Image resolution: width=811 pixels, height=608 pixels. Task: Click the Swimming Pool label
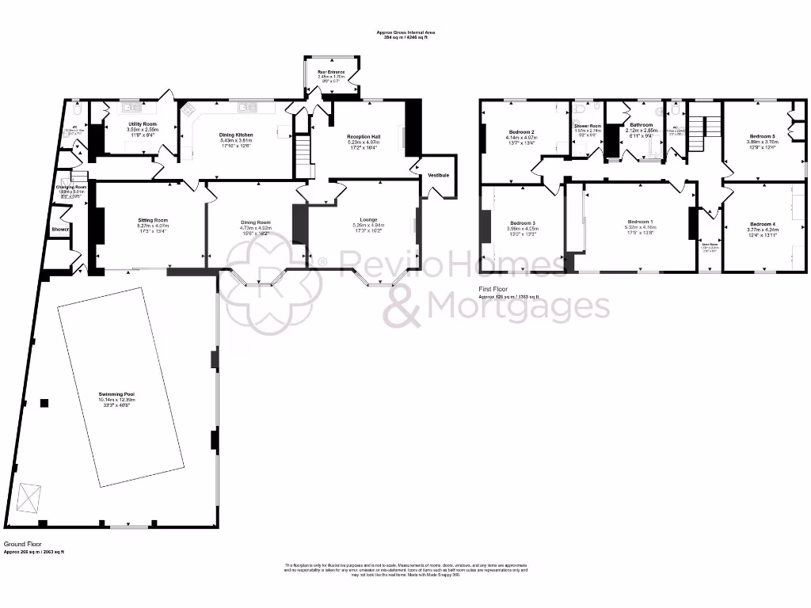116,393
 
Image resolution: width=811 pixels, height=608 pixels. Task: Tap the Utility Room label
143,124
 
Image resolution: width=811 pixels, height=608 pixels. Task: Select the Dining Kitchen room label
237,135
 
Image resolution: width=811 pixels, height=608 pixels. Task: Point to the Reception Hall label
364,137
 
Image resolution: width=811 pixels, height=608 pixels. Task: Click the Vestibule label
439,174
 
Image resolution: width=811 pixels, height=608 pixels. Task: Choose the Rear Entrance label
332,72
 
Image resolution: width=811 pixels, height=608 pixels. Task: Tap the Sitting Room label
150,220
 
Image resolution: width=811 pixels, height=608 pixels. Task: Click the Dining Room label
256,222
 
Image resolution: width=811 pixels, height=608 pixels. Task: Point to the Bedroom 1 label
641,221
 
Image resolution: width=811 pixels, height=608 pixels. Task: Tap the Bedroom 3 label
523,222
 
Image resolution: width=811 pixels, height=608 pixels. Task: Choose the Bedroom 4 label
763,224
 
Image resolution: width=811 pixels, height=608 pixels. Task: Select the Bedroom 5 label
763,136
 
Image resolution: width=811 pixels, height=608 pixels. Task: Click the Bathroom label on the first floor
642,124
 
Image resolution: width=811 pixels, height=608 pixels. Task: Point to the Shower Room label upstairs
588,126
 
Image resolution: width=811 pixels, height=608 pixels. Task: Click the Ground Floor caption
21,545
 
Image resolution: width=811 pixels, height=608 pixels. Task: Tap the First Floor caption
493,290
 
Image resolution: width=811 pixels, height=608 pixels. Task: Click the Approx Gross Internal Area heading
410,32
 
